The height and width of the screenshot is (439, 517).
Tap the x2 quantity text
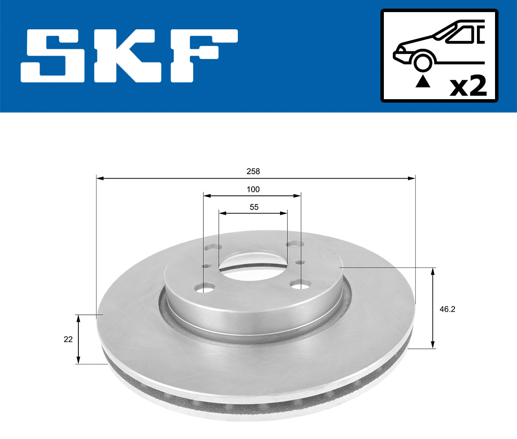(x=468, y=87)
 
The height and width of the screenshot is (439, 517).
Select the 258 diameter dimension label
(x=253, y=171)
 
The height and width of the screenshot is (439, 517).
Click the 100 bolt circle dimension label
(x=253, y=189)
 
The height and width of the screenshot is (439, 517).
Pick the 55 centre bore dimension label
(x=254, y=207)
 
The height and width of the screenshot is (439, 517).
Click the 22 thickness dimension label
(x=68, y=339)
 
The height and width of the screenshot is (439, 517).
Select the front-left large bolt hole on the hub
(x=206, y=287)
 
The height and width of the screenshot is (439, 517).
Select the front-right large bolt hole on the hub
(x=300, y=285)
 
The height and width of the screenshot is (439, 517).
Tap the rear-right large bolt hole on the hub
(x=294, y=245)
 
